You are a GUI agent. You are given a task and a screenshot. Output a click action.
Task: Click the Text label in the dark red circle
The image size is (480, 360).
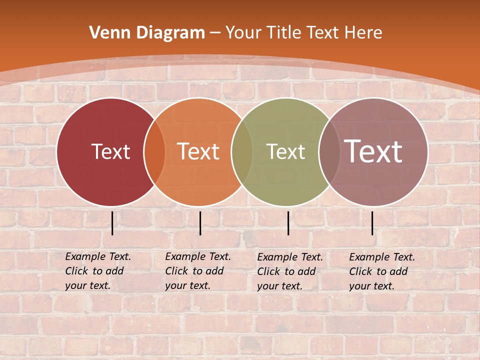click(110, 151)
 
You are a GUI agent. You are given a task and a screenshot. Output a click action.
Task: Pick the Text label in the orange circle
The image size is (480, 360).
click(198, 151)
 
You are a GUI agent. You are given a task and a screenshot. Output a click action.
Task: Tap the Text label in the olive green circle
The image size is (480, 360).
click(285, 151)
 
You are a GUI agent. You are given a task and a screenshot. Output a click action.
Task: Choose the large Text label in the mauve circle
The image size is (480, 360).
click(373, 151)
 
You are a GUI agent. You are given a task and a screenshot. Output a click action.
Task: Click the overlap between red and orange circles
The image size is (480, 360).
click(154, 152)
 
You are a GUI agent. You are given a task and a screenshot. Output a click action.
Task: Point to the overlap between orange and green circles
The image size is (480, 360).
click(242, 152)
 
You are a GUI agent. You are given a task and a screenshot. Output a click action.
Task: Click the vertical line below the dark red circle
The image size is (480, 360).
click(112, 223)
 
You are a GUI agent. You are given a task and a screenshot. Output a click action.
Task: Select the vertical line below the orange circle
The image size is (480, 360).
click(200, 223)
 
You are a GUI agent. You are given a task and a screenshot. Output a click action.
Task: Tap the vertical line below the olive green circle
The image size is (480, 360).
click(288, 223)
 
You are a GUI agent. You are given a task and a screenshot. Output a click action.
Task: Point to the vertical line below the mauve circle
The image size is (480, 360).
click(372, 223)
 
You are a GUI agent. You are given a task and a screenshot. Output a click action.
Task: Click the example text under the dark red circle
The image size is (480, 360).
click(98, 271)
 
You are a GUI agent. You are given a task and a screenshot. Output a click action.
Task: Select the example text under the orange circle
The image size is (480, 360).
click(198, 271)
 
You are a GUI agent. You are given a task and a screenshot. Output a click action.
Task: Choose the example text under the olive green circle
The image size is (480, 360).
click(290, 271)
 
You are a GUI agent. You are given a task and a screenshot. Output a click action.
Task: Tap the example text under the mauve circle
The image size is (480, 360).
click(382, 271)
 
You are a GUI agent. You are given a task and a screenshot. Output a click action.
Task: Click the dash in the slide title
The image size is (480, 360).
click(215, 33)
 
